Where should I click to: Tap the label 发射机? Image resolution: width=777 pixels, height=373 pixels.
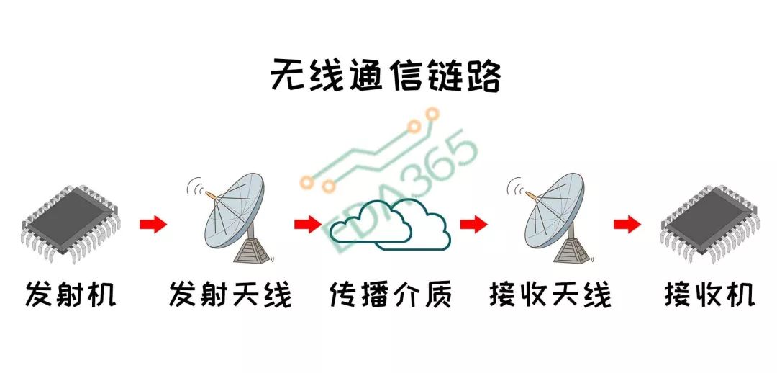[x=71, y=295]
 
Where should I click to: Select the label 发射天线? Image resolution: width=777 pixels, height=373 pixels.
[x=230, y=295]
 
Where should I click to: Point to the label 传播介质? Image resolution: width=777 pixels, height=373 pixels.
[x=391, y=295]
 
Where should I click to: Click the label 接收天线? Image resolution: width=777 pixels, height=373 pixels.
[x=550, y=295]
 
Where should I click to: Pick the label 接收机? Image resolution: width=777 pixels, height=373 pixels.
[x=709, y=295]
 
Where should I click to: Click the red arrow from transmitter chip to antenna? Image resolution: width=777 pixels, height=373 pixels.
[x=153, y=225]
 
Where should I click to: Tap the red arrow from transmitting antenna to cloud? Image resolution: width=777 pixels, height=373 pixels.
[x=307, y=225]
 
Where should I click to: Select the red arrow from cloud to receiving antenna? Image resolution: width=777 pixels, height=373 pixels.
[x=473, y=225]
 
